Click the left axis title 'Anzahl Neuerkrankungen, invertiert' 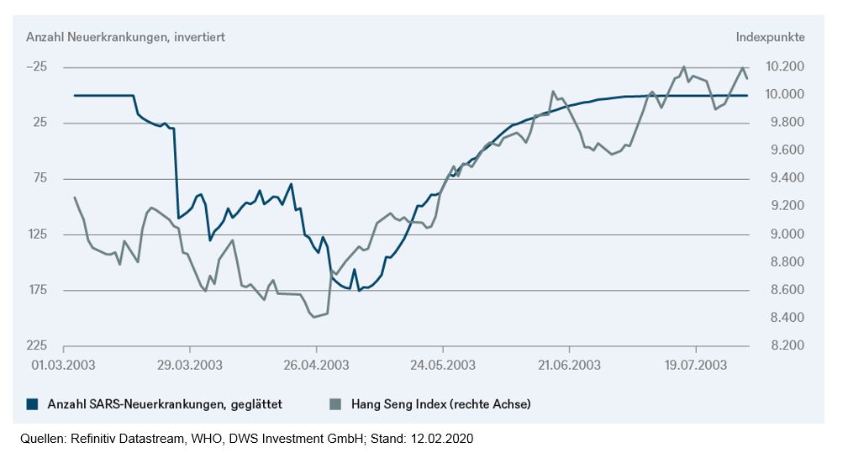point(125,37)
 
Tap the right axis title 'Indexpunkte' point(770,37)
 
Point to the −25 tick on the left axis point(36,67)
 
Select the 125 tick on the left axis point(37,234)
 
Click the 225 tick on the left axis point(37,345)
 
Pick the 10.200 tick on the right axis point(785,66)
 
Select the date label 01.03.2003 point(63,365)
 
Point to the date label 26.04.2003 point(316,365)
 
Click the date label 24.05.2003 point(443,365)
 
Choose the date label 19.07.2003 point(696,365)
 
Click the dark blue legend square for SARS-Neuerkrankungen point(33,403)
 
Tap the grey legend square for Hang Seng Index point(335,403)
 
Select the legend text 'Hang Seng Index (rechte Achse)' point(440,403)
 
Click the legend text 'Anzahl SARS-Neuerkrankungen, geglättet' point(165,403)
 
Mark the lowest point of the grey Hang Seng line point(314,318)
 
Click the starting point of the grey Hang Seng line point(75,198)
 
